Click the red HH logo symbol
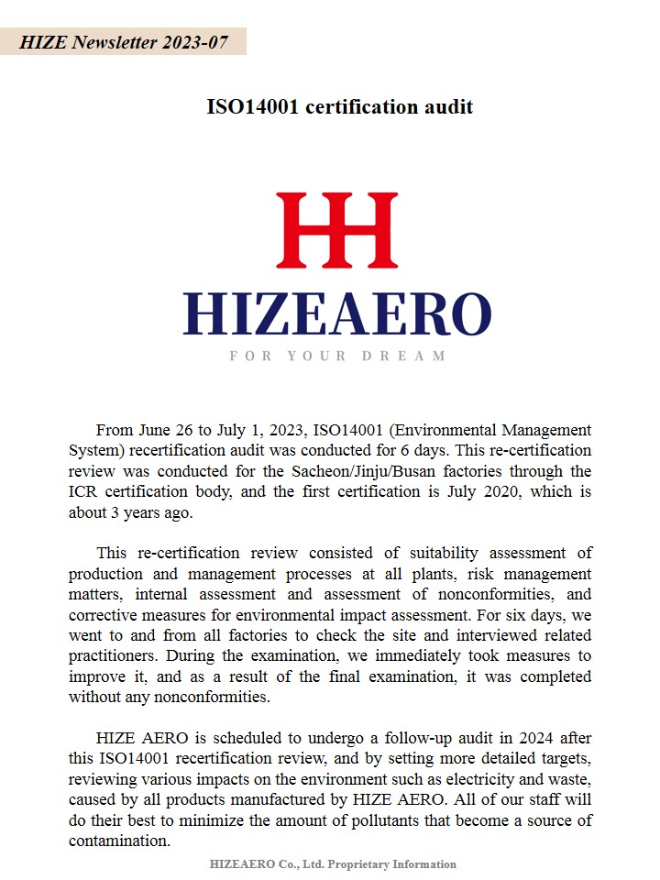click(x=336, y=230)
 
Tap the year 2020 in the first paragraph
click(x=518, y=492)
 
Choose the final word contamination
click(x=119, y=841)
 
